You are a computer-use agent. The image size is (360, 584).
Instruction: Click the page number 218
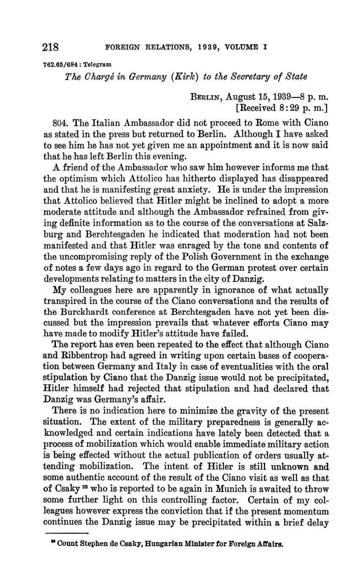51,47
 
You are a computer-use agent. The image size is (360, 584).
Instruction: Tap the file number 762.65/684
62,65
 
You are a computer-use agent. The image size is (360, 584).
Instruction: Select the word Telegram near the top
98,65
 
